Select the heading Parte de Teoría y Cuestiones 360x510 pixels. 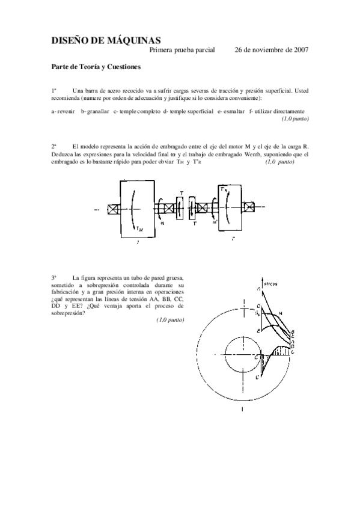pos(96,67)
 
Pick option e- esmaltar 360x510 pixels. pos(231,112)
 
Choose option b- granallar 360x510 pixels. pos(95,112)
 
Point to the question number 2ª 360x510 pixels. pos(53,146)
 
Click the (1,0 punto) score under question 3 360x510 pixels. pos(169,321)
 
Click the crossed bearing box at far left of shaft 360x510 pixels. pos(112,210)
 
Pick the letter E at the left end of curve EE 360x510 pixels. pos(258,331)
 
